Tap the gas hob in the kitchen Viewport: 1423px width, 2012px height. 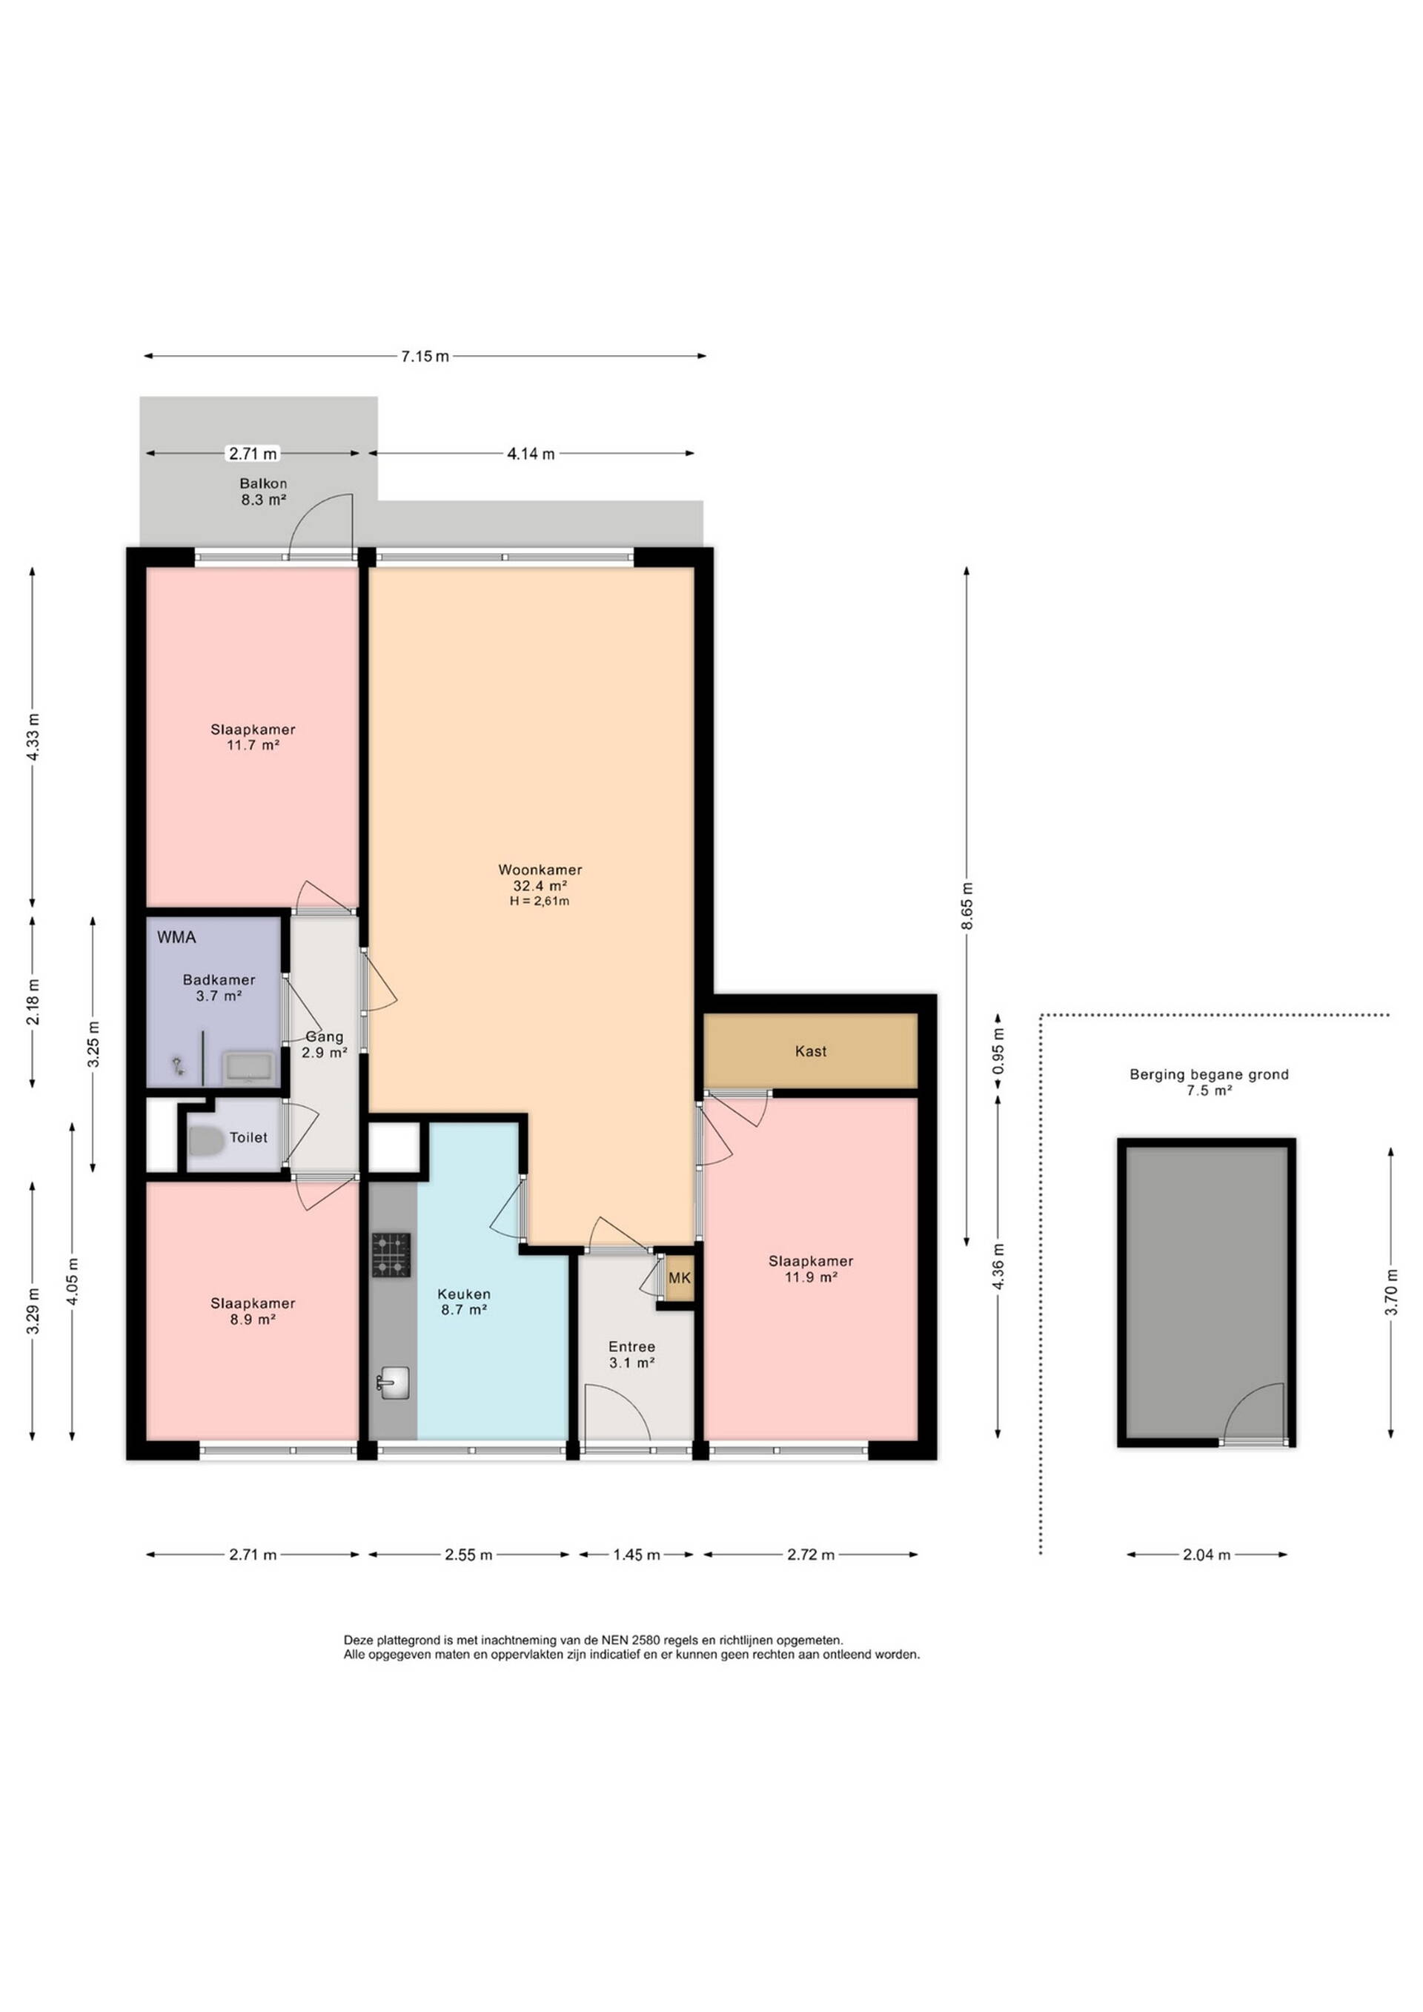[x=391, y=1255]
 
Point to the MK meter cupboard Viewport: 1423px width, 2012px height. [x=679, y=1277]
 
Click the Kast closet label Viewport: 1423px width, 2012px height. [x=811, y=1050]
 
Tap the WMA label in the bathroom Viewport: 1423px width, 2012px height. [x=176, y=937]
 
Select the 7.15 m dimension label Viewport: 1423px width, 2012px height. [x=425, y=356]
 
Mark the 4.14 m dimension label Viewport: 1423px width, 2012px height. [x=531, y=454]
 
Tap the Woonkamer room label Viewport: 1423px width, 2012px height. [x=540, y=870]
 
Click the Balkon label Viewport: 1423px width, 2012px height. [x=264, y=483]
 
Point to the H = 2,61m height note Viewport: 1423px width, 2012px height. [x=540, y=901]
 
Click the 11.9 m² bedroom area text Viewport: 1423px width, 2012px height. [x=811, y=1277]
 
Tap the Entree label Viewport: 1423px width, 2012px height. [x=631, y=1347]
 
